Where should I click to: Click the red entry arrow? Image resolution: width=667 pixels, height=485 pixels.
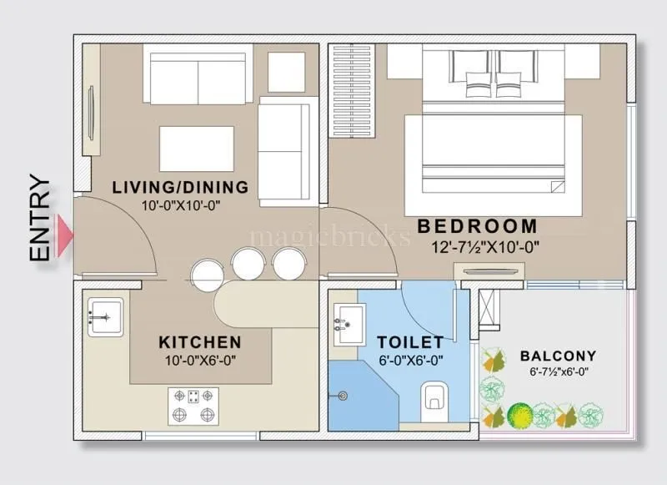pyautogui.click(x=65, y=236)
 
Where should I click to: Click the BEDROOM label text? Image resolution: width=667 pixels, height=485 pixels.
pyautogui.click(x=477, y=226)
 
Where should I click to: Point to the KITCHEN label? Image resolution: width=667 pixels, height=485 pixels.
pyautogui.click(x=200, y=342)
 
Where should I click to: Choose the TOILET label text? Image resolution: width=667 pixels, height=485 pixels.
pyautogui.click(x=409, y=342)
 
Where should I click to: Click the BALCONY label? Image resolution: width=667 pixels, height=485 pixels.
pyautogui.click(x=558, y=356)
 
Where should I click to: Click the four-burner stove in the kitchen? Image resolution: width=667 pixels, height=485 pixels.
pyautogui.click(x=193, y=406)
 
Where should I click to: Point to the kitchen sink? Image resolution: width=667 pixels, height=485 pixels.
pyautogui.click(x=105, y=317)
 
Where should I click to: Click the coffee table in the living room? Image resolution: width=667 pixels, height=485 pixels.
pyautogui.click(x=196, y=149)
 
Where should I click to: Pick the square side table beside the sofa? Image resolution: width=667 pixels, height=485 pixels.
pyautogui.click(x=286, y=72)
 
